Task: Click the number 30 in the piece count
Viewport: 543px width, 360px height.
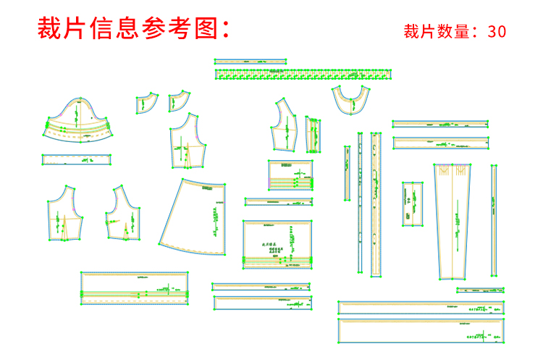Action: click(x=497, y=31)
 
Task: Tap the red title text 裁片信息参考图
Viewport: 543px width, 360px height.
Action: click(x=133, y=29)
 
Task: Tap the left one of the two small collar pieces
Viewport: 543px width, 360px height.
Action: click(x=146, y=104)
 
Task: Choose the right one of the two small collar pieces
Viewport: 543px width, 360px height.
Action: click(x=178, y=100)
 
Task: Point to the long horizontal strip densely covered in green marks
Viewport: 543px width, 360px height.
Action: click(x=304, y=74)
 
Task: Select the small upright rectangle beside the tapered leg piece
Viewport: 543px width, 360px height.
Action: click(x=412, y=202)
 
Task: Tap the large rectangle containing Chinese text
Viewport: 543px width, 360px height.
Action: click(x=277, y=245)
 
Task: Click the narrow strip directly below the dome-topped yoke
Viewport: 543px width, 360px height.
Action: click(x=77, y=159)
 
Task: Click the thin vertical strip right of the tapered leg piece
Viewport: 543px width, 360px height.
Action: click(x=494, y=221)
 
